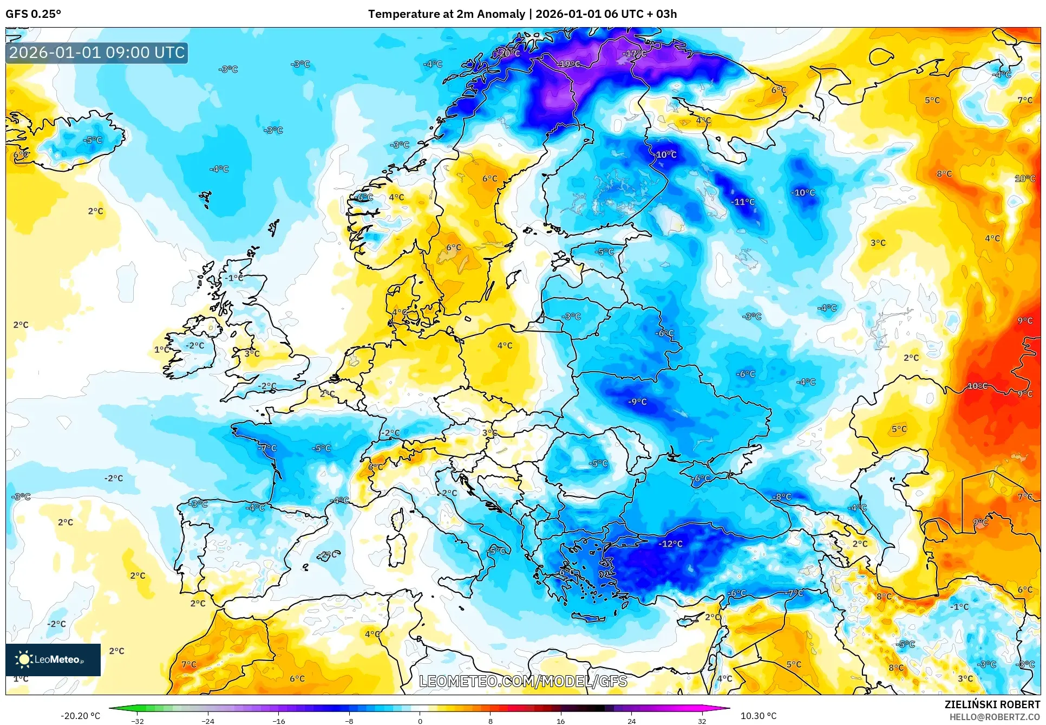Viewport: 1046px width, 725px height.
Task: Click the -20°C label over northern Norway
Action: click(509, 53)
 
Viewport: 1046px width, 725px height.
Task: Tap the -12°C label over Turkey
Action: click(670, 543)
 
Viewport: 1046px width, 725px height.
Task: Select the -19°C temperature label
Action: click(569, 64)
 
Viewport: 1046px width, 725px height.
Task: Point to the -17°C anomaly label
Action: click(635, 54)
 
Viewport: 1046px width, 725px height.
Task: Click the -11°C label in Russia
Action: click(743, 202)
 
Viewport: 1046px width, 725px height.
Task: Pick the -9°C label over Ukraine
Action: click(638, 402)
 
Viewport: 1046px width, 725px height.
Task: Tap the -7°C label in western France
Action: click(267, 448)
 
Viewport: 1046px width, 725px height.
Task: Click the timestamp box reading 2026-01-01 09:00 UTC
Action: click(97, 53)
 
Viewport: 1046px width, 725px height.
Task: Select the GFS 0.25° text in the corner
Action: click(33, 14)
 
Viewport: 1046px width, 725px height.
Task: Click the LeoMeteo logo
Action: click(53, 659)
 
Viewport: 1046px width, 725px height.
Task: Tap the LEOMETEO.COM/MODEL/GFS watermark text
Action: click(523, 681)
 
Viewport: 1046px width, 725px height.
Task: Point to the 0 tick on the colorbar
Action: click(420, 721)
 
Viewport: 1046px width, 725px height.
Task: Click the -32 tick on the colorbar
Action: click(138, 721)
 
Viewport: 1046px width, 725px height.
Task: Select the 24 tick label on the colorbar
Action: click(631, 721)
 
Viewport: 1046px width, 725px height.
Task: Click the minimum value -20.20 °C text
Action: click(80, 716)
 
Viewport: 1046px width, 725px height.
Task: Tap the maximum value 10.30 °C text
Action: click(758, 716)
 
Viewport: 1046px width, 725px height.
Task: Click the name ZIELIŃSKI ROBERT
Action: click(992, 704)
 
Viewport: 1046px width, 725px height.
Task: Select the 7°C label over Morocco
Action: click(189, 664)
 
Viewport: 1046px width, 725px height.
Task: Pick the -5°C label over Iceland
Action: click(93, 140)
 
